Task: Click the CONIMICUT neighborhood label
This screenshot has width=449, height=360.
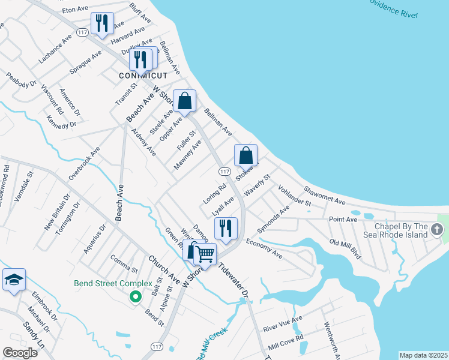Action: (142, 76)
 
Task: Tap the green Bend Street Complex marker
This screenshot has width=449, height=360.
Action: (136, 295)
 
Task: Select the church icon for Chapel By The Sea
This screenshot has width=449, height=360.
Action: (438, 229)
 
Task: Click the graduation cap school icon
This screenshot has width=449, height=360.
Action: (14, 280)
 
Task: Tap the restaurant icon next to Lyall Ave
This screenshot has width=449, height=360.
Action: (226, 229)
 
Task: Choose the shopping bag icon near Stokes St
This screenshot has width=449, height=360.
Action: (246, 156)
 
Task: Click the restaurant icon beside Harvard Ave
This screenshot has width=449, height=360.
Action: (101, 24)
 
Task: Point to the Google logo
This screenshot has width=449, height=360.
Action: (20, 353)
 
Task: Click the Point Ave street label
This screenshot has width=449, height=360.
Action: (343, 220)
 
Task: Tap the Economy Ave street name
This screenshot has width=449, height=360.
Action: (264, 248)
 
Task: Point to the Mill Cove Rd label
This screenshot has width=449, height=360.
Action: (286, 342)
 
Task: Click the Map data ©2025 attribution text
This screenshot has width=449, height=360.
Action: (423, 355)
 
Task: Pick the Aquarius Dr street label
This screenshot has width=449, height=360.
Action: (95, 238)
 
